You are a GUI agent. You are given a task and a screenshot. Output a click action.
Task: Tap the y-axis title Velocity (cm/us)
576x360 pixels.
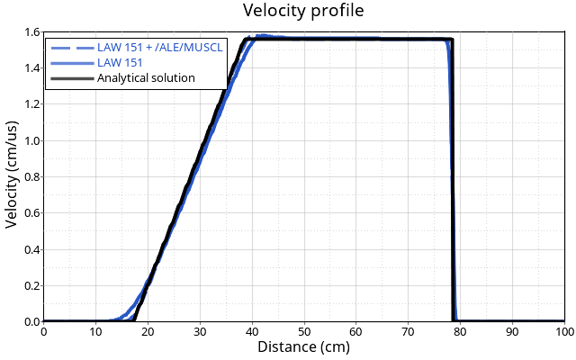[x=12, y=176]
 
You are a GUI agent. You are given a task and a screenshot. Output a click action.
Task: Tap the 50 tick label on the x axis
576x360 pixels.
[x=304, y=332]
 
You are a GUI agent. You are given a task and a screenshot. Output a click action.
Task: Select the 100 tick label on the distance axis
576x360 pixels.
[x=564, y=332]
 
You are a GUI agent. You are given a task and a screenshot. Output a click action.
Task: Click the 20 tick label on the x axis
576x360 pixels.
[x=148, y=332]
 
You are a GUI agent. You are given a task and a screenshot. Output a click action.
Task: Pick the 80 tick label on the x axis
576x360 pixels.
[x=461, y=332]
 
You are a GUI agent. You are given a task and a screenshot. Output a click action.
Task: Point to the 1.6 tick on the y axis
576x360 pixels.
[x=31, y=32]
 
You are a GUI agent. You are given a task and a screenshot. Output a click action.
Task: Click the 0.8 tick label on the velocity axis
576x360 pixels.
[x=31, y=176]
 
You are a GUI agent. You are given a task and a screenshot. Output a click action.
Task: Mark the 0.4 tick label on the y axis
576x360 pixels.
[x=31, y=249]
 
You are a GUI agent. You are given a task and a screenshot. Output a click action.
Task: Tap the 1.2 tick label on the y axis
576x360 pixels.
[x=31, y=104]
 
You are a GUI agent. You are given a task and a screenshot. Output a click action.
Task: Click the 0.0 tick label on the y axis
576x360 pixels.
[x=31, y=321]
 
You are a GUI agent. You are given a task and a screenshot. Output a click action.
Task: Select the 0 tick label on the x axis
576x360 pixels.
[x=43, y=332]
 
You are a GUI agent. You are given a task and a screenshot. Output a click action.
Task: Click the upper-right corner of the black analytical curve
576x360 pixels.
[x=452, y=40]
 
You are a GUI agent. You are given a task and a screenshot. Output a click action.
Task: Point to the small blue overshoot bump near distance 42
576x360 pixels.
[x=261, y=36]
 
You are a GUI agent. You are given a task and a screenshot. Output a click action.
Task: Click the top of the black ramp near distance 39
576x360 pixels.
[x=247, y=40]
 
